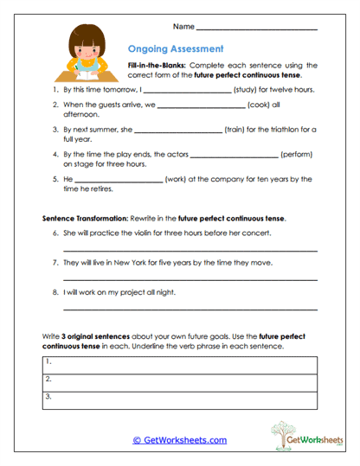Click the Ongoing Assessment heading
pyautogui.click(x=175, y=49)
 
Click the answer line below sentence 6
pyautogui.click(x=190, y=251)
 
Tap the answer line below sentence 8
pyautogui.click(x=190, y=310)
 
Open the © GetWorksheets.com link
pyautogui.click(x=180, y=440)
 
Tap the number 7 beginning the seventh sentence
pyautogui.click(x=55, y=262)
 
